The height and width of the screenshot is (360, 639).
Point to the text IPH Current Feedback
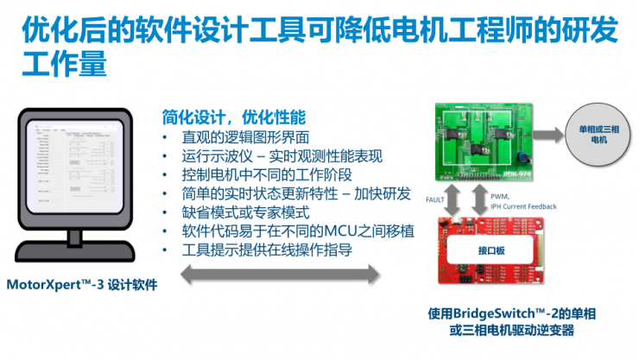(524, 206)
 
